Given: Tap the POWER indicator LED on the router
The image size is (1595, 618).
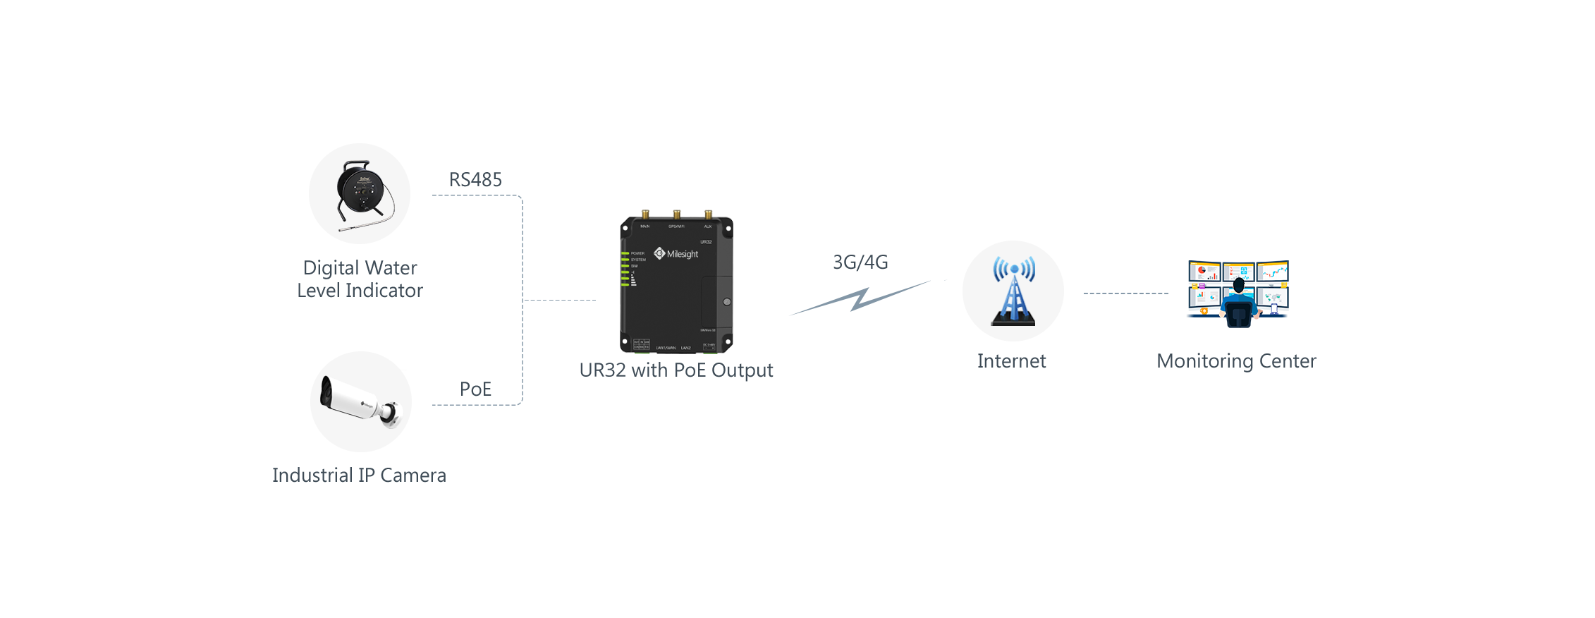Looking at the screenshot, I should pos(625,253).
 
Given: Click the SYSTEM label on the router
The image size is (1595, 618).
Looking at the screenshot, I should pos(638,260).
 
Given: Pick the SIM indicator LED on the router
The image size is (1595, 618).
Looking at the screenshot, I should pos(625,266).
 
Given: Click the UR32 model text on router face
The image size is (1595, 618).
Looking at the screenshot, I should pos(706,242).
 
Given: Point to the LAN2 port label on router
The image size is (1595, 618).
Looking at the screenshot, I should pos(686,348).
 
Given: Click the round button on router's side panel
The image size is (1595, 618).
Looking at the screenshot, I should pos(727,302).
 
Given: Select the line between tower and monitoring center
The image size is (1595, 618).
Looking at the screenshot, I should pos(1125,293).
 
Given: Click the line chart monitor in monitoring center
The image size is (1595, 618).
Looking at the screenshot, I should pos(1273,272).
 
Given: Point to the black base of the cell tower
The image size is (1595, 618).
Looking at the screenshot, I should pos(1013,321).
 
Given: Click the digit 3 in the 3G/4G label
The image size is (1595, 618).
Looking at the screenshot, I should pos(838,262).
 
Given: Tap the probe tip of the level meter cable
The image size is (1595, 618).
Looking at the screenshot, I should pos(341,229).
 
